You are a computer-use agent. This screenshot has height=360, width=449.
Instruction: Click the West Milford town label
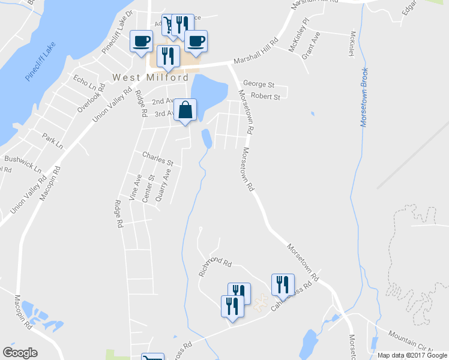[x=151, y=77]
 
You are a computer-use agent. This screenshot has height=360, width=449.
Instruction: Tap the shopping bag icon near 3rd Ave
[x=185, y=110]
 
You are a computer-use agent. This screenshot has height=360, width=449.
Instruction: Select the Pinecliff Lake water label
[x=40, y=62]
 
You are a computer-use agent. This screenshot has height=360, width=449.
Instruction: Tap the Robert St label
[x=265, y=97]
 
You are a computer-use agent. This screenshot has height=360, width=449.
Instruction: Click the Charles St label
[x=157, y=159]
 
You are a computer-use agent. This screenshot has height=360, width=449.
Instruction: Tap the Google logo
[x=20, y=353]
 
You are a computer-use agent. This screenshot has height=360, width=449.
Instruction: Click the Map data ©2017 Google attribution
[x=412, y=355]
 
